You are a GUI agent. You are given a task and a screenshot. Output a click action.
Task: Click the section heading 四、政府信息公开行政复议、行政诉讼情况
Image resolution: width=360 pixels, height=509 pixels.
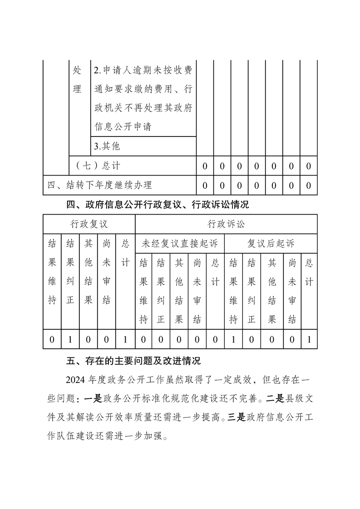[158, 205]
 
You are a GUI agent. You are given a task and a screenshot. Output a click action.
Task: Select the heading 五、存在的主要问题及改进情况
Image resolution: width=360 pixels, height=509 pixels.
[133, 361]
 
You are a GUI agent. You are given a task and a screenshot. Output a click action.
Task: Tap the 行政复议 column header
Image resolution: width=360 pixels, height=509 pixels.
[89, 224]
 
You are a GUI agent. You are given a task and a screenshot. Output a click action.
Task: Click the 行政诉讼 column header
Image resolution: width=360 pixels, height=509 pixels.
[226, 224]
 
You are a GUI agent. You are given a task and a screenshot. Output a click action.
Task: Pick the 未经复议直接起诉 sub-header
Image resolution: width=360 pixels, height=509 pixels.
[180, 243]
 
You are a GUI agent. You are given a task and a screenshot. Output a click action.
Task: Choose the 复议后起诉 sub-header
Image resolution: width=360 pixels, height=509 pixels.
[271, 243]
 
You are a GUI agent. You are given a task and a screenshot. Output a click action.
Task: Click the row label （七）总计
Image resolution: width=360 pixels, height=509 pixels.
[98, 166]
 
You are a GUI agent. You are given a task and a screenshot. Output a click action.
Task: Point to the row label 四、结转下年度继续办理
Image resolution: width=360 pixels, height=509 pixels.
[100, 185]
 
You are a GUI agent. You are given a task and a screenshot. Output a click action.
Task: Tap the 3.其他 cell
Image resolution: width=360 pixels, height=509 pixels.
[107, 147]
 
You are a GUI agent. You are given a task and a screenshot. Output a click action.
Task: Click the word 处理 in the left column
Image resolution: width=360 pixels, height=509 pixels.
[78, 80]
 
